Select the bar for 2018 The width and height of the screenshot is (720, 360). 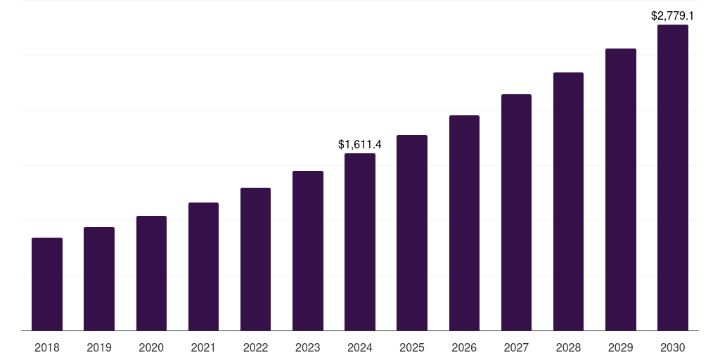coord(47,284)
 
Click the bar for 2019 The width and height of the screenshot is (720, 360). coord(99,278)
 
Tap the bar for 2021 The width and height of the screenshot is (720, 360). coord(203,266)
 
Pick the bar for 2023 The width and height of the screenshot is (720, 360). coord(308,250)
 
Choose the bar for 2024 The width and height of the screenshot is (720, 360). coord(360,242)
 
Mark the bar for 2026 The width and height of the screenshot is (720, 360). coord(464,223)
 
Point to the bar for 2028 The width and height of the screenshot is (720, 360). coord(568,201)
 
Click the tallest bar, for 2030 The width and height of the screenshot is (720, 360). coord(672,177)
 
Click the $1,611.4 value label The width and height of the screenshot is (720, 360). coord(360,144)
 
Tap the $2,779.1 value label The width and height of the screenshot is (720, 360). coord(672,15)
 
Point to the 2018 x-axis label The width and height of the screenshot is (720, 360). coord(47,347)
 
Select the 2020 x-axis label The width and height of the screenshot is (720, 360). coord(151,347)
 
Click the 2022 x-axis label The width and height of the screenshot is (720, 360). coord(255,347)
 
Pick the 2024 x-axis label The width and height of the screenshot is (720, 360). coord(360,347)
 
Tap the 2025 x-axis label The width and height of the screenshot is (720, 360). coord(412,347)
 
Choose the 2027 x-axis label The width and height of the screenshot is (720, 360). coord(516,347)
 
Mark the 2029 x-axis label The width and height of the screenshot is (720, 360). coord(620,347)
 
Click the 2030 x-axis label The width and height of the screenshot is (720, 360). coord(672,347)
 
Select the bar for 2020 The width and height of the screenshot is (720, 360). coord(151,273)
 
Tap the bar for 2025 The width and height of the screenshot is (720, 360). coord(412,233)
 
